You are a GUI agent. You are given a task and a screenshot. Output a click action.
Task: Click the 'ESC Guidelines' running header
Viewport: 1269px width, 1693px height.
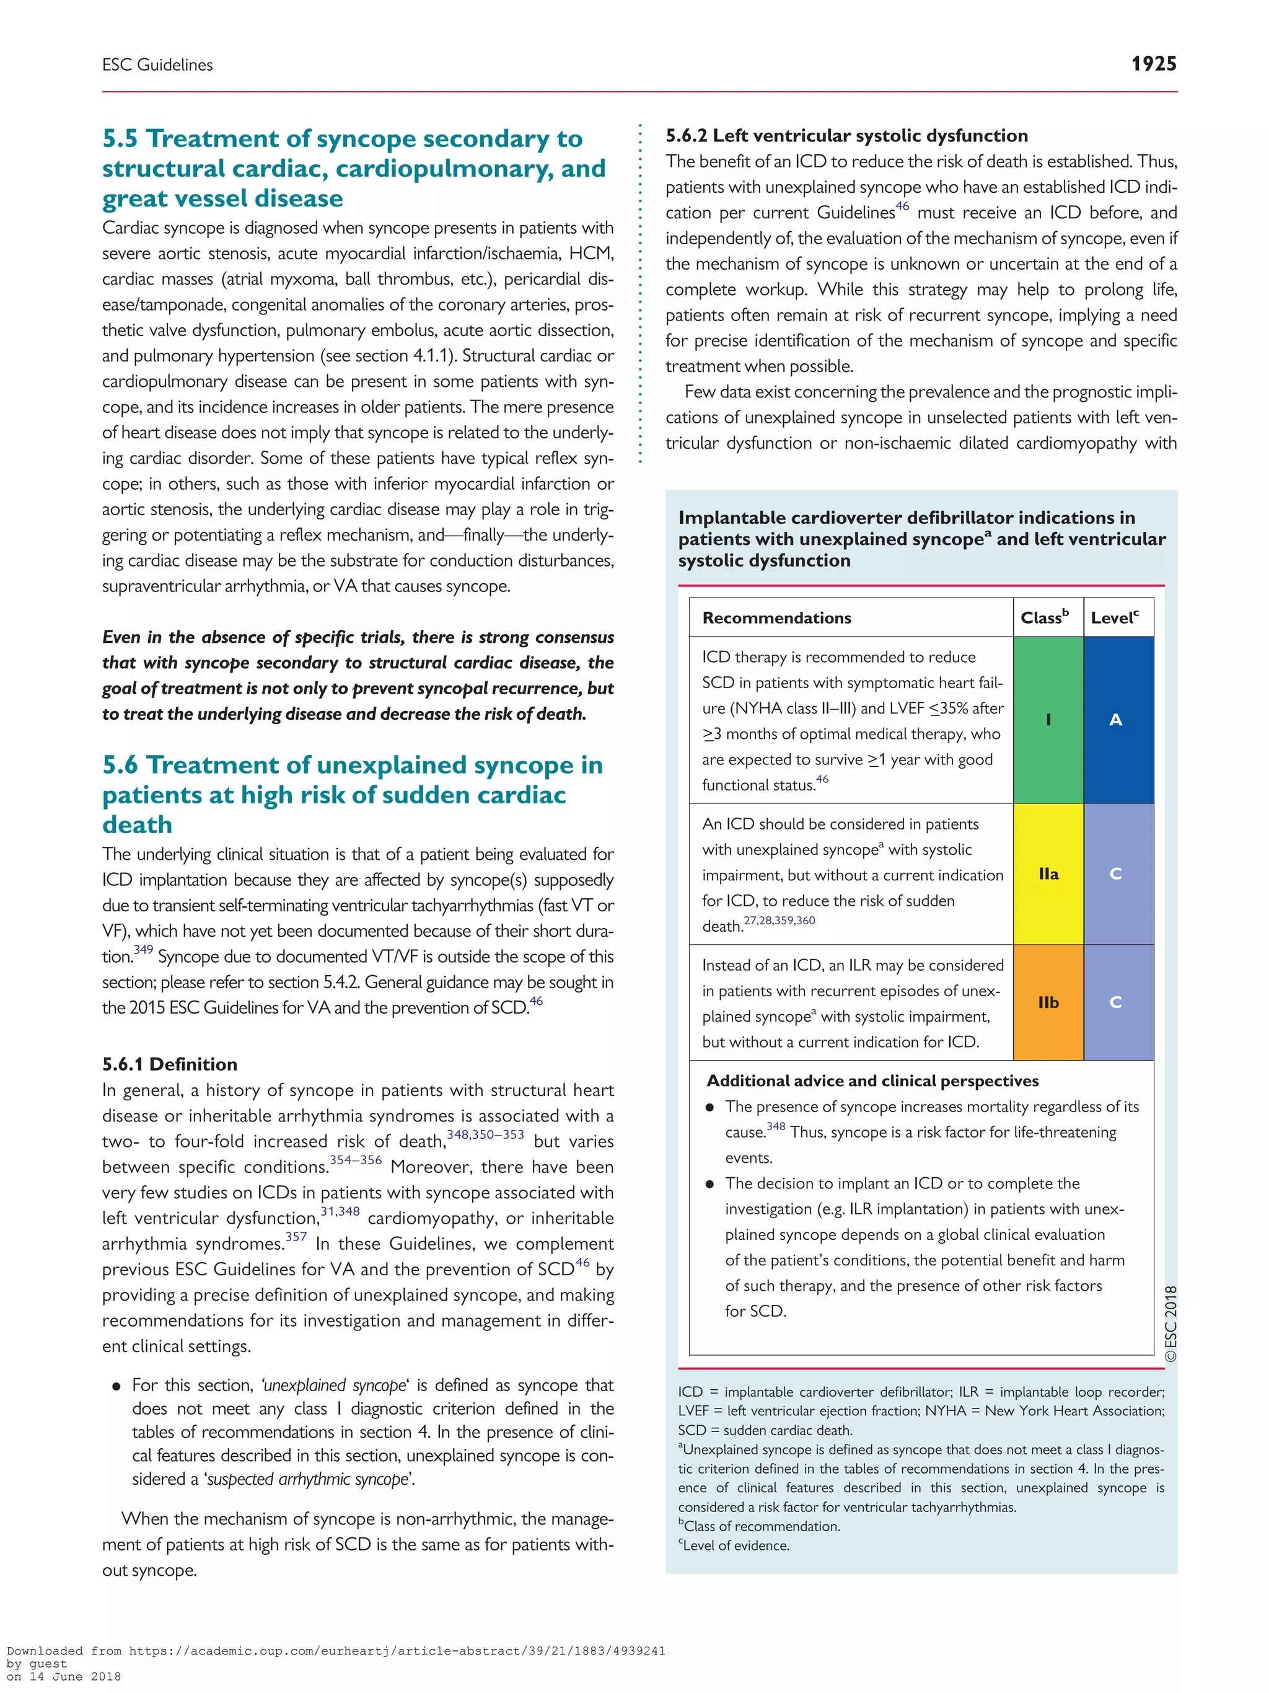(157, 65)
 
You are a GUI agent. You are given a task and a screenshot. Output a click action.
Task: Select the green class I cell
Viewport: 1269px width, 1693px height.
(1047, 720)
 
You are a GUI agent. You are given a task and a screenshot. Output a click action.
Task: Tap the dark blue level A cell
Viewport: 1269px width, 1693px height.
(1118, 720)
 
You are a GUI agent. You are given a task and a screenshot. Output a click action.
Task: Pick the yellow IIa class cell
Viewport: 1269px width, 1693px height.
(1047, 873)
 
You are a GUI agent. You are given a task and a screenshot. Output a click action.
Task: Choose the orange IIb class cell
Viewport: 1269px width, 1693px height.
(1047, 1002)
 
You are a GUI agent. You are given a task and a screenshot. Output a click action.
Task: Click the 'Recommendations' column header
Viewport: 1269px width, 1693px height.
(776, 617)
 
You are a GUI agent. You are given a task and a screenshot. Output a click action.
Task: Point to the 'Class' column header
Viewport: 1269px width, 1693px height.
(1044, 617)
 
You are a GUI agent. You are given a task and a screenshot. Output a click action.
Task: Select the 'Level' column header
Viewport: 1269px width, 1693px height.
(1115, 617)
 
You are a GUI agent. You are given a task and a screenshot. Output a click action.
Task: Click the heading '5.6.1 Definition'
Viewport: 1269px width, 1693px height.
(170, 1064)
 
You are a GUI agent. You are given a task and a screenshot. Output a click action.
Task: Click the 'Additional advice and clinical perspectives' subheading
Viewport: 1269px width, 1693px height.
(872, 1081)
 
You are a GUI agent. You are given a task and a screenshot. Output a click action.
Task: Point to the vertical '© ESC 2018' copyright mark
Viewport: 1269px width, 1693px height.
(1170, 1324)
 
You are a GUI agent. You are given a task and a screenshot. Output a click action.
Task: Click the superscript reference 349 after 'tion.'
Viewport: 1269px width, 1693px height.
(143, 950)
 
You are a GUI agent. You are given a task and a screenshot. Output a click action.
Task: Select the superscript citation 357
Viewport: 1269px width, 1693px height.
(296, 1237)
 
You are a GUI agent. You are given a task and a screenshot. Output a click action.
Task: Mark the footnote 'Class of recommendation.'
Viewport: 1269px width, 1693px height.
(760, 1526)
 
